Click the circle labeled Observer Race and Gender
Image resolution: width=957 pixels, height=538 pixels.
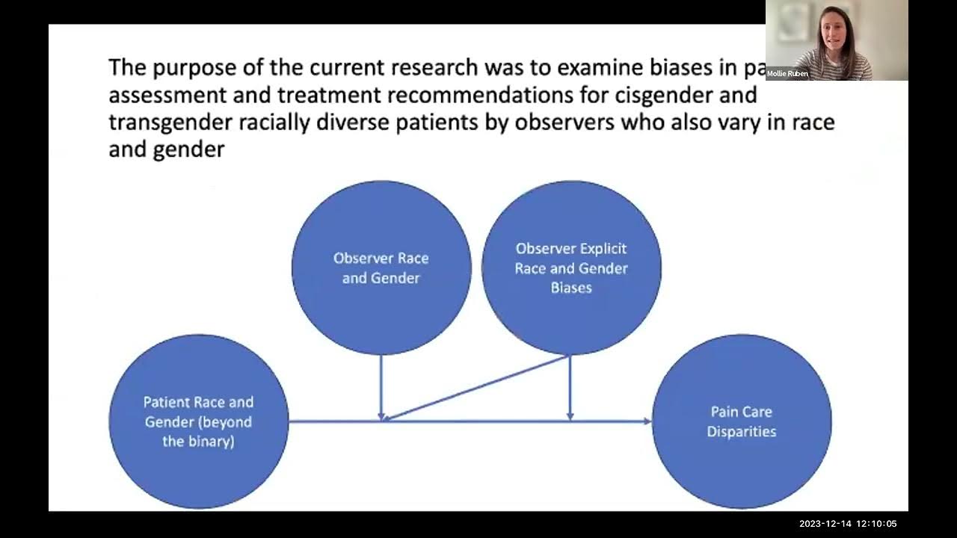pyautogui.click(x=381, y=267)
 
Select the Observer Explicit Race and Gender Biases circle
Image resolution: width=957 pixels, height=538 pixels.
pyautogui.click(x=571, y=267)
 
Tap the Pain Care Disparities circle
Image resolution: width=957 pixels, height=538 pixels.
pyautogui.click(x=742, y=421)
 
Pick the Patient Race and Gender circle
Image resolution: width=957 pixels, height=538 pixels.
pyautogui.click(x=198, y=421)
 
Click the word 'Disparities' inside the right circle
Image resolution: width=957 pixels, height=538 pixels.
pyautogui.click(x=742, y=431)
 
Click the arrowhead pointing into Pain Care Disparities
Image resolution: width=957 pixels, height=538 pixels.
pyautogui.click(x=646, y=421)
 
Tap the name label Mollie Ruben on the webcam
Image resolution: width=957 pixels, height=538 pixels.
pyautogui.click(x=787, y=74)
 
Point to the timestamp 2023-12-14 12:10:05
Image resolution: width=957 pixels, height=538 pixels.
pyautogui.click(x=848, y=524)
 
